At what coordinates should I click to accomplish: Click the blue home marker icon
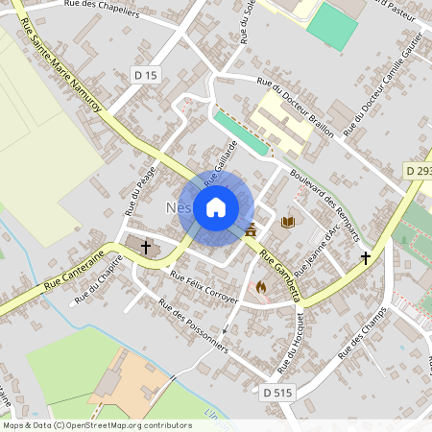tap(216, 206)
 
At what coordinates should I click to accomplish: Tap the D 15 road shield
tap(143, 74)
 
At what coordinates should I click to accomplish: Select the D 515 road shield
tap(276, 392)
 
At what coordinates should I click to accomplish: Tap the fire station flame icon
tap(259, 286)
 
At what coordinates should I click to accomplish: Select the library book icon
tap(288, 223)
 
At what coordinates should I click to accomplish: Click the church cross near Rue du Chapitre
tap(146, 248)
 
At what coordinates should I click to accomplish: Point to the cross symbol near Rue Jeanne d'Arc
tap(365, 257)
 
